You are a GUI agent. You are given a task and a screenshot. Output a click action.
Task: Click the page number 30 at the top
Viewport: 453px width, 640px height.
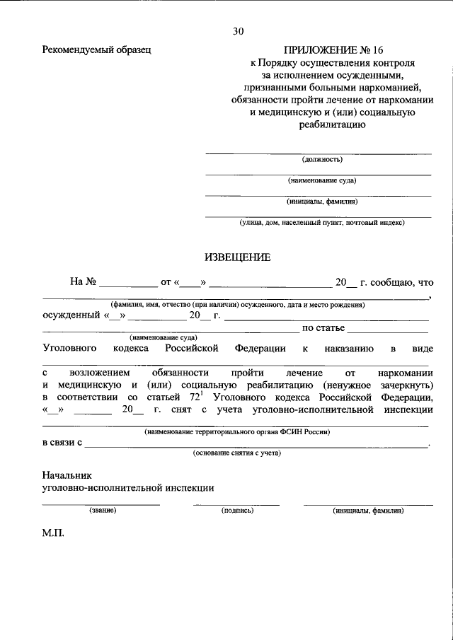click(237, 31)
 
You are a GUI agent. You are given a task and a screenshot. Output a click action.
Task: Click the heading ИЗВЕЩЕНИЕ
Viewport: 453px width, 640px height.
click(237, 257)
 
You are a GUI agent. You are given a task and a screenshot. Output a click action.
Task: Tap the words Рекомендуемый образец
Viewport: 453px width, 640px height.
click(97, 50)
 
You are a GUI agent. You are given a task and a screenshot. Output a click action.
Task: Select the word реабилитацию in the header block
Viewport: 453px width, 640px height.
click(327, 126)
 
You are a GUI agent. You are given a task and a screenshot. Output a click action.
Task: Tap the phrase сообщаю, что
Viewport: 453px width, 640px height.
click(396, 282)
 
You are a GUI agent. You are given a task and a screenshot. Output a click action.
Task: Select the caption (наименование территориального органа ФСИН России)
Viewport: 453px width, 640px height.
click(237, 431)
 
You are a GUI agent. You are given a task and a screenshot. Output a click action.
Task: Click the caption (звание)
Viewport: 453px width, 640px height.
click(103, 509)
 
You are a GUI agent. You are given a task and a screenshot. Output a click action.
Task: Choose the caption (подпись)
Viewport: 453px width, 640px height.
click(237, 509)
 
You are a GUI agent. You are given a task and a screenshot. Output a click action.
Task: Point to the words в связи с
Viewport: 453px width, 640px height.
click(62, 443)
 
